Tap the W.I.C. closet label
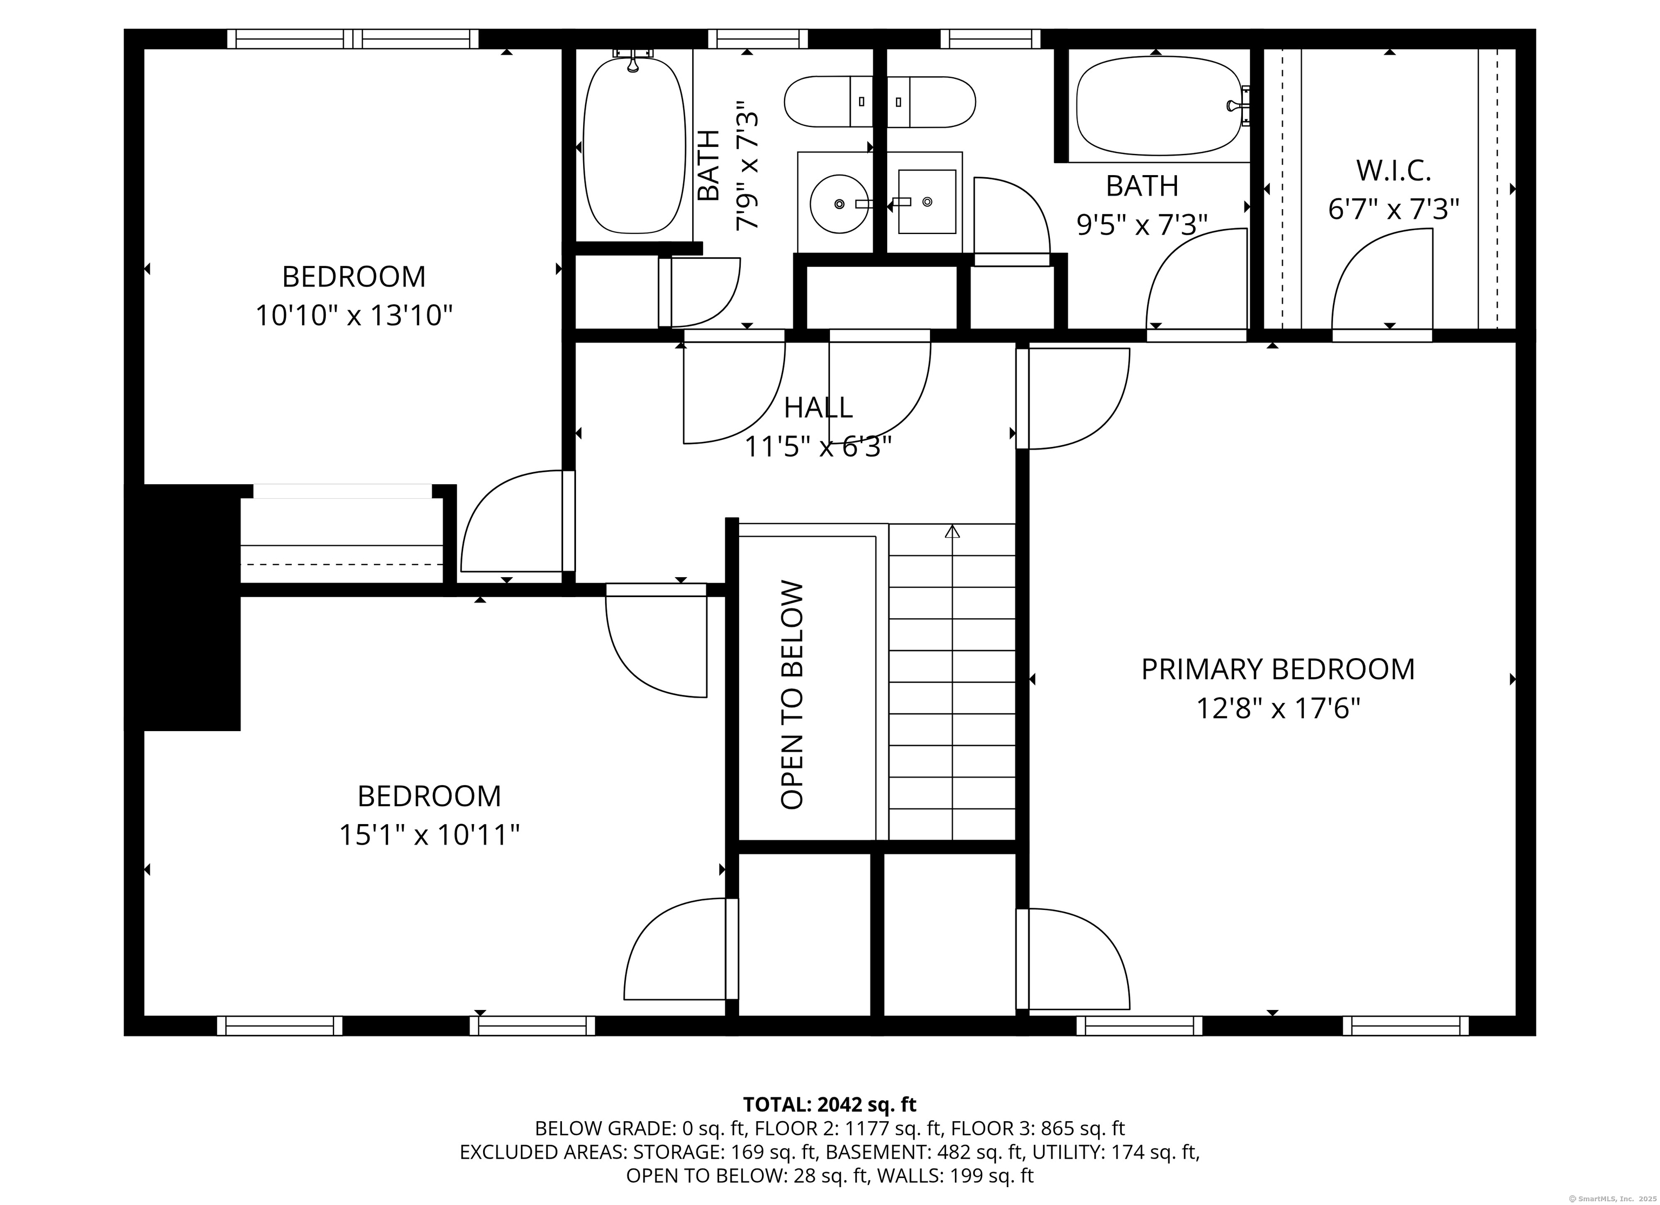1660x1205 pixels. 1394,171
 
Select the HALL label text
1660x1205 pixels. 818,407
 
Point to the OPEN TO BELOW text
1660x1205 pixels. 793,695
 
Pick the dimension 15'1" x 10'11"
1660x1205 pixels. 430,835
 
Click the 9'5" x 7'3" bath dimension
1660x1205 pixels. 1142,224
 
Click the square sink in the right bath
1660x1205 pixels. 927,202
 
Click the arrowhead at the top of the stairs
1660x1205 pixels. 952,532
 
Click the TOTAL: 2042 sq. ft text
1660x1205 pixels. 829,1104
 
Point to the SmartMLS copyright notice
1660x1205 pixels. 1615,1199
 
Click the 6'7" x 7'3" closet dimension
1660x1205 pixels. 1394,210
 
